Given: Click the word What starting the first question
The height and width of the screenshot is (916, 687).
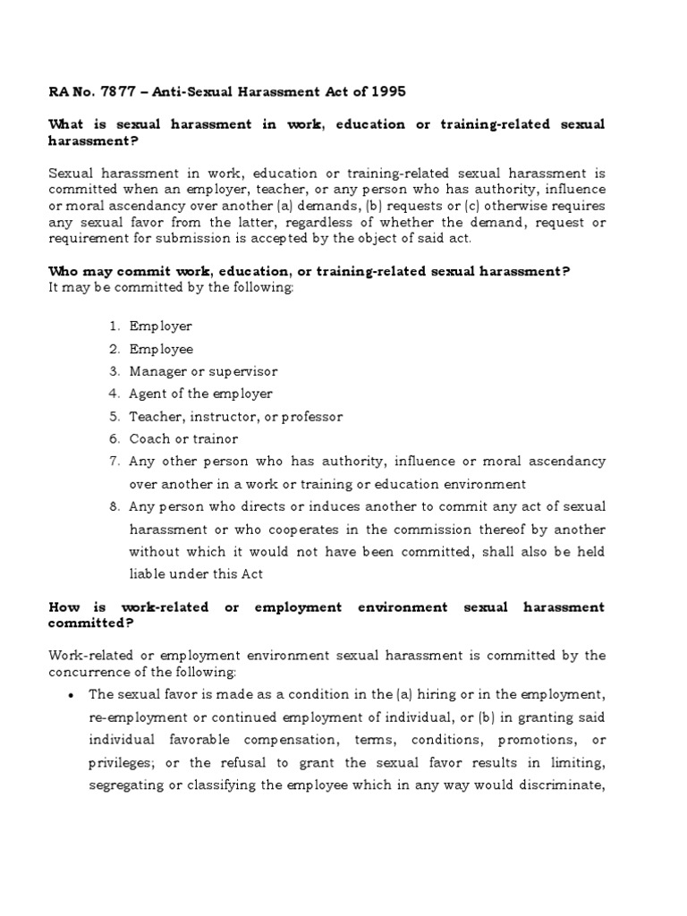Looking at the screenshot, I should click(65, 124).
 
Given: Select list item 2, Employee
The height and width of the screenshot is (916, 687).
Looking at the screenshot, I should click(161, 349).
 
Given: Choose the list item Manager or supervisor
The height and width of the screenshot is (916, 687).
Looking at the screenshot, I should click(203, 371).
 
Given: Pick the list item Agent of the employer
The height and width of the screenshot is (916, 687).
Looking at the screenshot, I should click(200, 394).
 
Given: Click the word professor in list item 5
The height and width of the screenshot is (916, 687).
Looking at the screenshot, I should click(314, 416).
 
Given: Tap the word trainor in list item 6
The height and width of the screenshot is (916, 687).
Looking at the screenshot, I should click(214, 438).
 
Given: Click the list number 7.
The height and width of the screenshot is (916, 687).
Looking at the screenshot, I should click(114, 462).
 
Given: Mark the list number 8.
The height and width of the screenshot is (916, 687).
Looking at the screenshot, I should click(114, 506).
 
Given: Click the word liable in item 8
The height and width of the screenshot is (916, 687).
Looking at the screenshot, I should click(148, 573).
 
